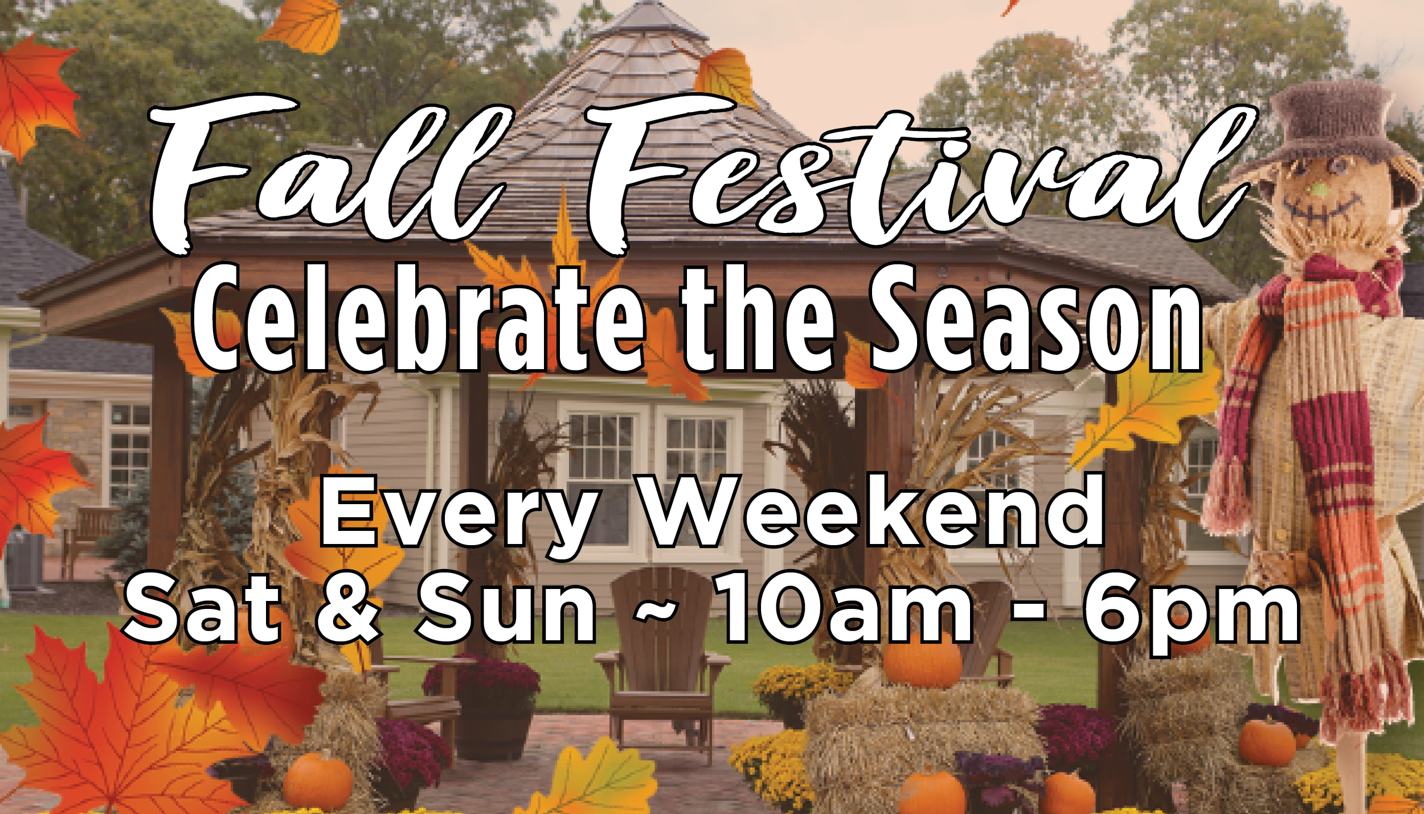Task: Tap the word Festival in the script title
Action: (x=920, y=174)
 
